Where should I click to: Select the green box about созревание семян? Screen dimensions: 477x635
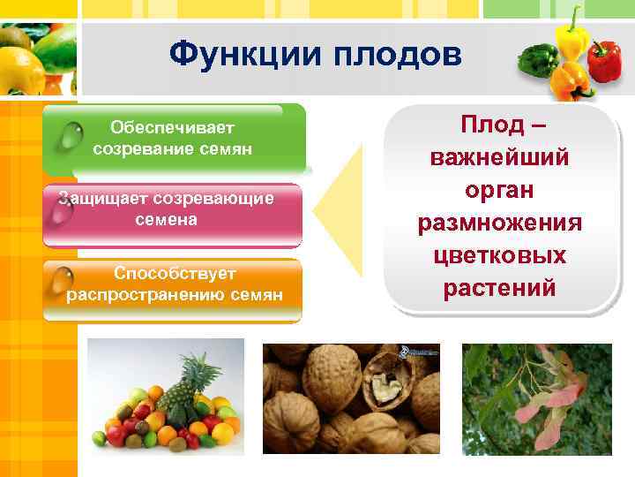pos(174,139)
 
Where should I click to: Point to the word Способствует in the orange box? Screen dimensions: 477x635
pos(173,274)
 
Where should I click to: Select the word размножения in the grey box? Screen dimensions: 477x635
pos(500,223)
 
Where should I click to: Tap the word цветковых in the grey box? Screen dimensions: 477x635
pos(500,255)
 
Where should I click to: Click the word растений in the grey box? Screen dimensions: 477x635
pos(500,288)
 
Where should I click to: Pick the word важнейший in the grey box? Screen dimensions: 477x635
pos(500,159)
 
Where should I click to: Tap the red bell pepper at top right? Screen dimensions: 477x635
pos(604,62)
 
